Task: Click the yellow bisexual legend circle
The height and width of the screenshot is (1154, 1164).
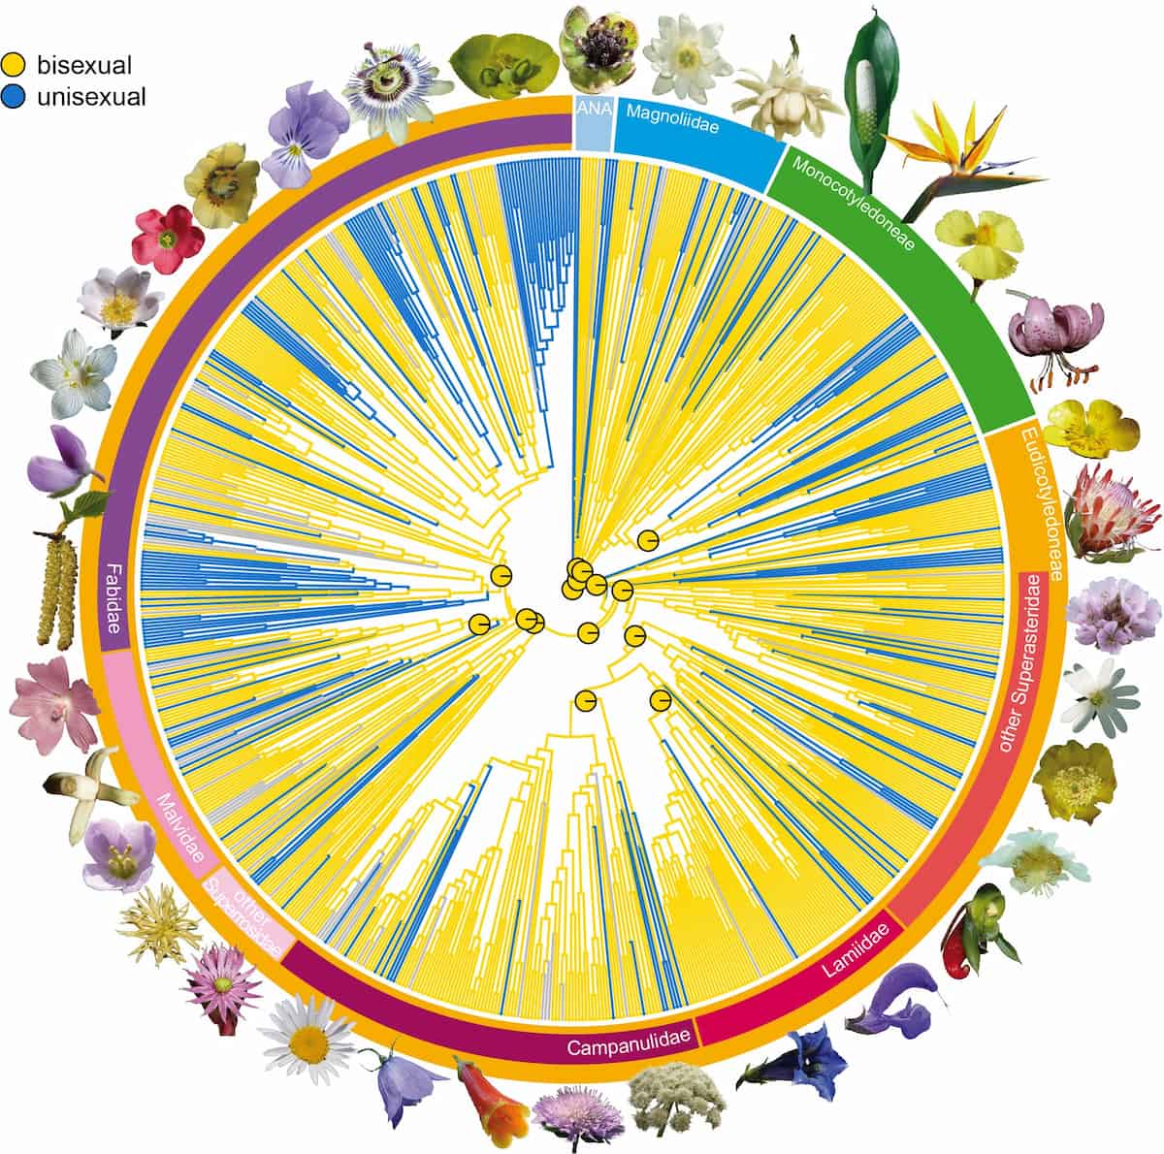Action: point(13,66)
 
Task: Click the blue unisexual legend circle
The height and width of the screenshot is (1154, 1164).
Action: point(13,96)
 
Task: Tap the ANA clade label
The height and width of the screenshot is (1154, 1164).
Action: point(593,111)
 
